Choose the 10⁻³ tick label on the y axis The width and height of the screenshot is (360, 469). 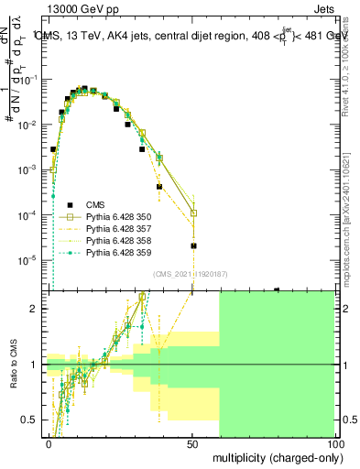click(x=30, y=169)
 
